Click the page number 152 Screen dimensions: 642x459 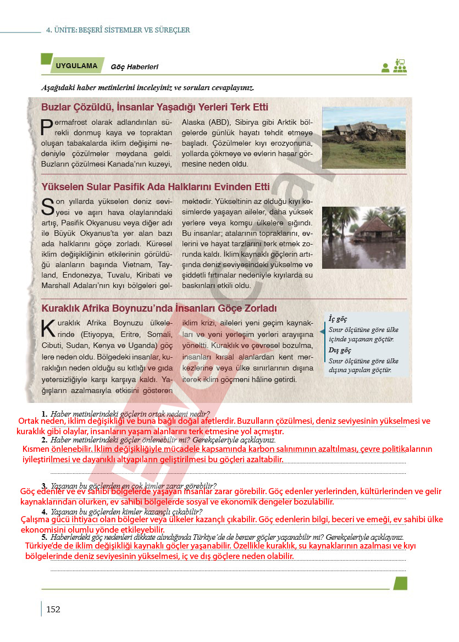coord(53,609)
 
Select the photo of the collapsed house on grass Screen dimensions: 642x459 coord(363,137)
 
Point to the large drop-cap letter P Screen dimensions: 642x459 coord(47,128)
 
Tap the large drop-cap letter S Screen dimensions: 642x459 coord(48,207)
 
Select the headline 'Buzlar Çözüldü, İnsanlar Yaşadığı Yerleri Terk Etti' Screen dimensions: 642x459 coord(154,107)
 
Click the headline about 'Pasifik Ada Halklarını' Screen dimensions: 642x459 coord(156,186)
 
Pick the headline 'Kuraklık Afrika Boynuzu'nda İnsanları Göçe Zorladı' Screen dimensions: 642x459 coord(159,308)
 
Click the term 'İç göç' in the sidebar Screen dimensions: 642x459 coord(338,319)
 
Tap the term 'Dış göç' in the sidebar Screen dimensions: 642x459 coord(339,350)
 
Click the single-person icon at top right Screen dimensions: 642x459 coord(385,68)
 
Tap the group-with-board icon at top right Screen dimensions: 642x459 coord(399,66)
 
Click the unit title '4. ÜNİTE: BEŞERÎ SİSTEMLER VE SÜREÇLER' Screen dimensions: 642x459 coord(118,30)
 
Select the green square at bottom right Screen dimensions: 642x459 coord(400,583)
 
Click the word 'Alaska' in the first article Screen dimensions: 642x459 coord(194,122)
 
